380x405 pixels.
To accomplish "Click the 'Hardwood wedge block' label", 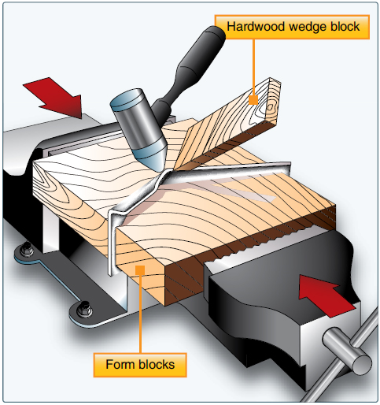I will [293, 27].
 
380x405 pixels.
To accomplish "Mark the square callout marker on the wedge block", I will [253, 98].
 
